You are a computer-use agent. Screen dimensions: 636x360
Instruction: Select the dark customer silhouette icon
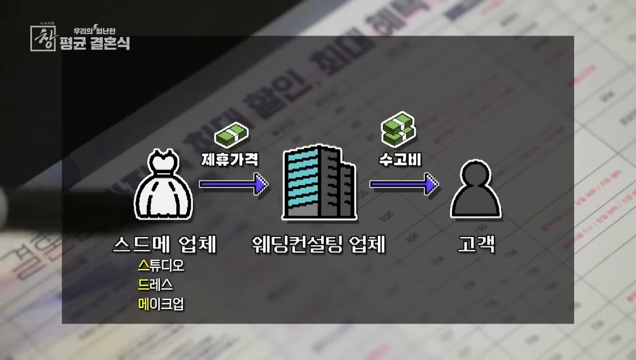(476, 190)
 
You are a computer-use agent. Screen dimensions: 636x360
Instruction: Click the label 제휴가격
(230, 159)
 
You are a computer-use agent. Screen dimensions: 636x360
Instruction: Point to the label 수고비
(397, 159)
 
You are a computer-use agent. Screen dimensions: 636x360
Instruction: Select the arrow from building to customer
(403, 184)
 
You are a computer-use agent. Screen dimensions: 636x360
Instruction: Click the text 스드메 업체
(164, 245)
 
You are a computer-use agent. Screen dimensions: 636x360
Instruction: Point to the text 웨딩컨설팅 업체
(318, 245)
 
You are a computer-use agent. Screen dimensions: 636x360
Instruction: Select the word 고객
(476, 245)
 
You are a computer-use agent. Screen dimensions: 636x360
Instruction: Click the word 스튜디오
(161, 266)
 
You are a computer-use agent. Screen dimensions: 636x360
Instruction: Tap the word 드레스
(156, 285)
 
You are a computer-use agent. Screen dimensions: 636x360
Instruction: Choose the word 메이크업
(161, 304)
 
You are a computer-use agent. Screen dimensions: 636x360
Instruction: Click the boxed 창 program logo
(43, 38)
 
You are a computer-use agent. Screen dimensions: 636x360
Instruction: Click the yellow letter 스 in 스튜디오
(143, 266)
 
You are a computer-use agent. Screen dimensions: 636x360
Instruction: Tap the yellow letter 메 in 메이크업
(143, 304)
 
